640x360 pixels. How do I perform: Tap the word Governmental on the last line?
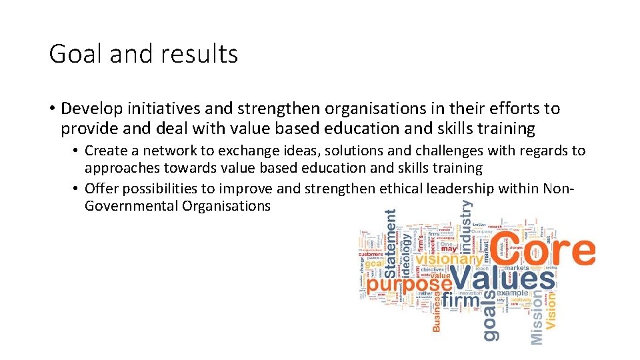[131, 206]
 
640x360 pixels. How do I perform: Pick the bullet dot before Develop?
[51, 109]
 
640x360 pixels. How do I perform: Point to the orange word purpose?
[408, 285]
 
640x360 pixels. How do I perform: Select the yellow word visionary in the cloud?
[449, 259]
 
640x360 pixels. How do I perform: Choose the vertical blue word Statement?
[391, 243]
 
